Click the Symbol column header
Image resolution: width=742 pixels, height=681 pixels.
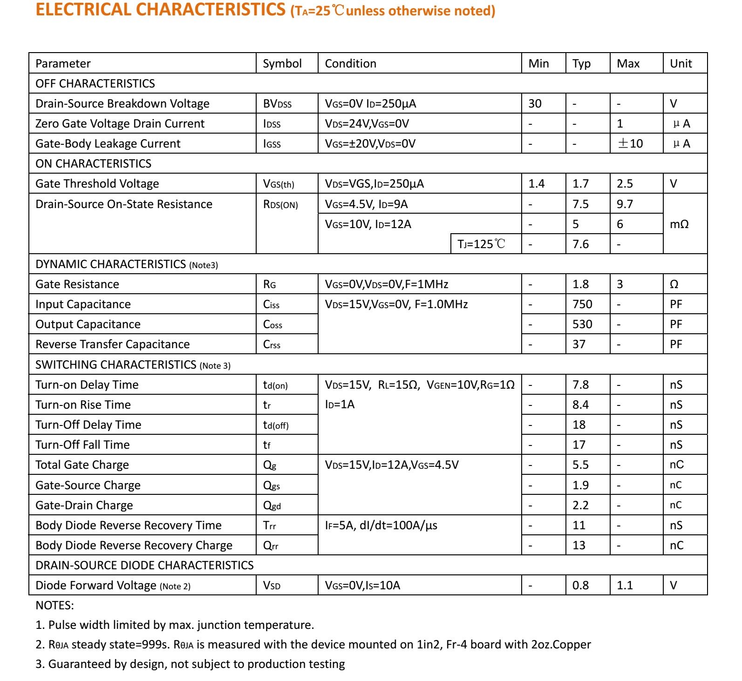[x=282, y=63]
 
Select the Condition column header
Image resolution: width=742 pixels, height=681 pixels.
[x=350, y=63]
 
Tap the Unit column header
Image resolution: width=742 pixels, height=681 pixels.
[x=681, y=63]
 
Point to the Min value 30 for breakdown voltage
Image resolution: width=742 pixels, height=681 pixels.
[x=535, y=103]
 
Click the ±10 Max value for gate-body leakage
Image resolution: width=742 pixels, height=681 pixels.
[x=630, y=143]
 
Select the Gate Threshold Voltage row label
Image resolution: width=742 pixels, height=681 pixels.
[x=97, y=184]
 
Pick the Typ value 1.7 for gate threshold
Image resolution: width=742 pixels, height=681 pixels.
[x=580, y=184]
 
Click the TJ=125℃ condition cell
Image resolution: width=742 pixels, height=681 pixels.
[x=481, y=244]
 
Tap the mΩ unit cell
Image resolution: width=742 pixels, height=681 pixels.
[x=679, y=224]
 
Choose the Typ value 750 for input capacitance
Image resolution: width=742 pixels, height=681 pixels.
[x=582, y=304]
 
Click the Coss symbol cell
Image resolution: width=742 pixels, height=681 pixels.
[x=272, y=324]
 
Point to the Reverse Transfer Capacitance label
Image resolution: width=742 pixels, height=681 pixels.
[x=112, y=344]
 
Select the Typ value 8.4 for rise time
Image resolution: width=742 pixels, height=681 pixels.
[x=580, y=405]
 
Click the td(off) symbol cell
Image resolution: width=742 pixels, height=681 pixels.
[x=276, y=425]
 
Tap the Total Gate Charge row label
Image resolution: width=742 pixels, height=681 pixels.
[x=82, y=465]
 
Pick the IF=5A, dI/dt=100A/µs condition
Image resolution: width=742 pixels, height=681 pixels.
[x=381, y=526]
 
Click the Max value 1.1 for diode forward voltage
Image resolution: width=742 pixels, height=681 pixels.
[x=625, y=586]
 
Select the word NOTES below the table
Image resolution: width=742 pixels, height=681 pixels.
[x=54, y=606]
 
